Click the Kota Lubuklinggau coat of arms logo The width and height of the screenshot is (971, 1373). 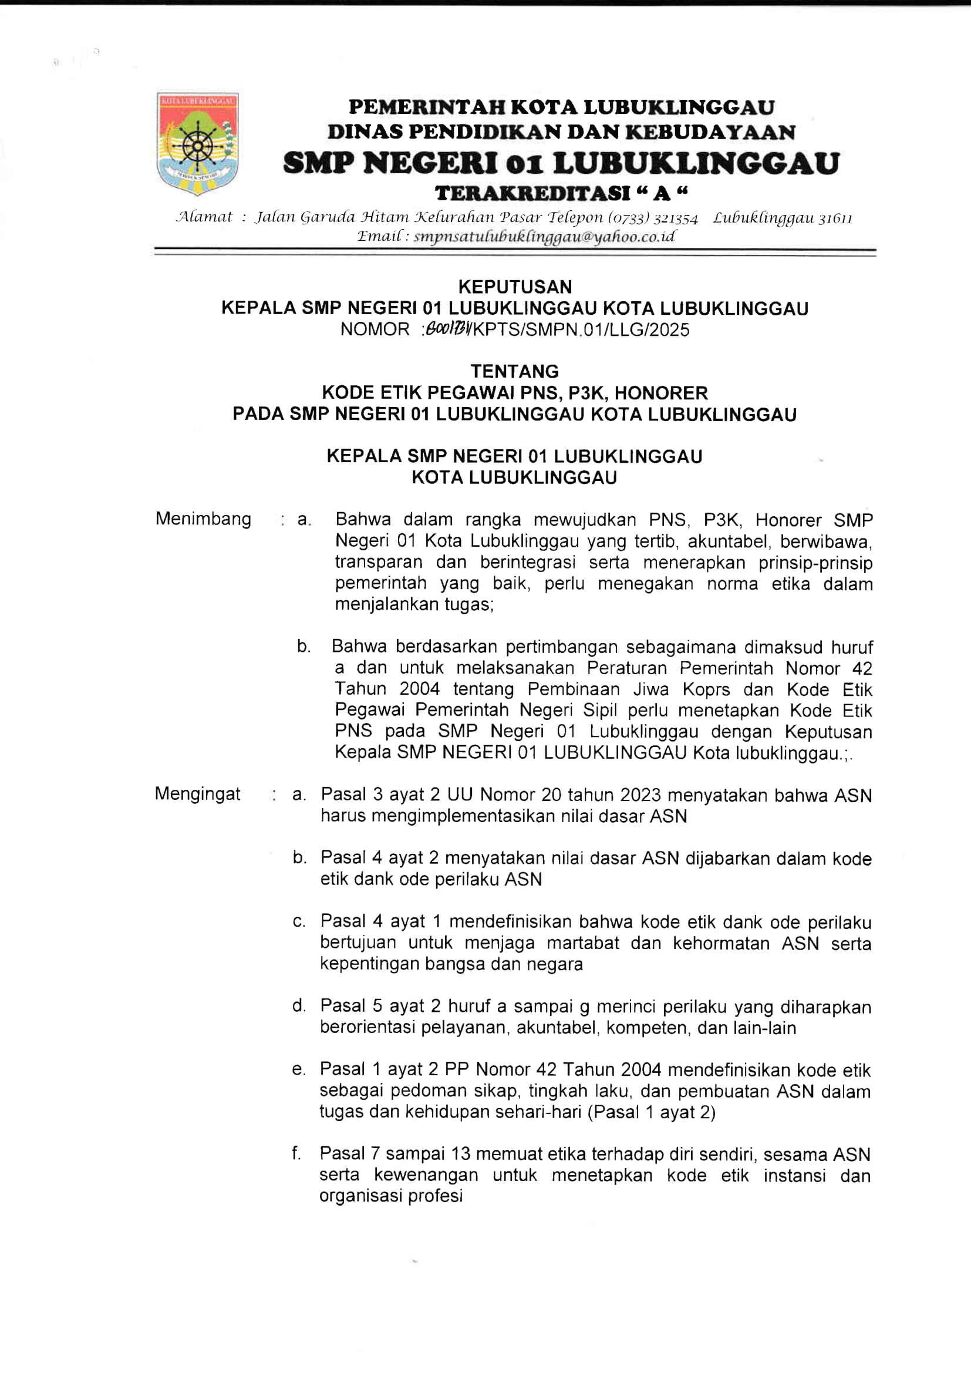(197, 143)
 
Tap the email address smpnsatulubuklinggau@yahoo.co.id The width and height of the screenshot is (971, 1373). (544, 237)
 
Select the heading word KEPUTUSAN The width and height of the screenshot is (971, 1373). (515, 287)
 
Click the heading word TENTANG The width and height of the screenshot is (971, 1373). (515, 371)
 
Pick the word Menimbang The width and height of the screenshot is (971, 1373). (203, 519)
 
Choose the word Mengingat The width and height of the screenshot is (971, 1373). (198, 793)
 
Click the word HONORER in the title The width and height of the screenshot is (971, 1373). (661, 393)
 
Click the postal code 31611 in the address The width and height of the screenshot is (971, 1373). (835, 218)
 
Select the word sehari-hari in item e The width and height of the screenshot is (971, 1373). (549, 1112)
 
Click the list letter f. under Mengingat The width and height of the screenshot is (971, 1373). (296, 1153)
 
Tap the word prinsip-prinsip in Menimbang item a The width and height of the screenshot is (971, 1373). (815, 563)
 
